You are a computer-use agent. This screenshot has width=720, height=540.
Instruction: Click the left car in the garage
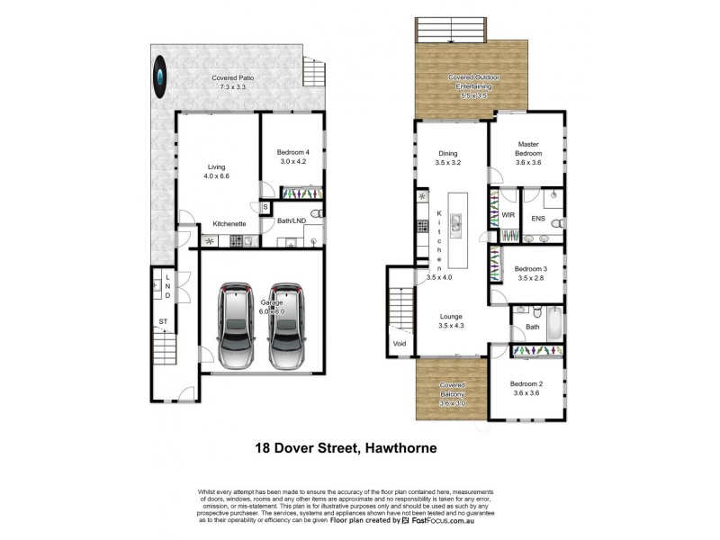click(236, 327)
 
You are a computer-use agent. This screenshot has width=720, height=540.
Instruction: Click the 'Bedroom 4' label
click(294, 157)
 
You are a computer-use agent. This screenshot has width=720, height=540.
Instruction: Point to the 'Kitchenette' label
click(229, 223)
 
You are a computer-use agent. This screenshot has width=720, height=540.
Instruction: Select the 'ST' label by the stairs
click(163, 320)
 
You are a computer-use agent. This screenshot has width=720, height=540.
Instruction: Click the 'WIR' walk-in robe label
click(508, 216)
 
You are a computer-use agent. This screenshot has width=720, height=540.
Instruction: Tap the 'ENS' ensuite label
click(538, 218)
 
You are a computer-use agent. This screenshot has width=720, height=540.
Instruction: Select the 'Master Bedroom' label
click(527, 148)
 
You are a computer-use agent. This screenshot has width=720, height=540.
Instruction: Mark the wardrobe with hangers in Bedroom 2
click(535, 349)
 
